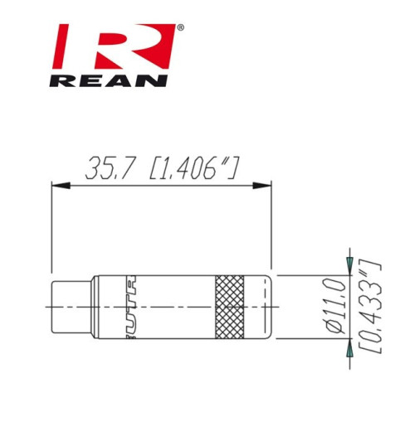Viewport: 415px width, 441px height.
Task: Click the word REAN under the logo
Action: (x=109, y=80)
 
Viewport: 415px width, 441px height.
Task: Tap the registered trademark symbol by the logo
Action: (x=181, y=28)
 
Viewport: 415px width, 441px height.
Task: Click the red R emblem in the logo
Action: (x=115, y=48)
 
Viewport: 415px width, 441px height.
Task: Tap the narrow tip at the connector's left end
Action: (x=71, y=306)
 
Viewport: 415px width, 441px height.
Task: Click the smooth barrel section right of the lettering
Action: (x=178, y=306)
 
